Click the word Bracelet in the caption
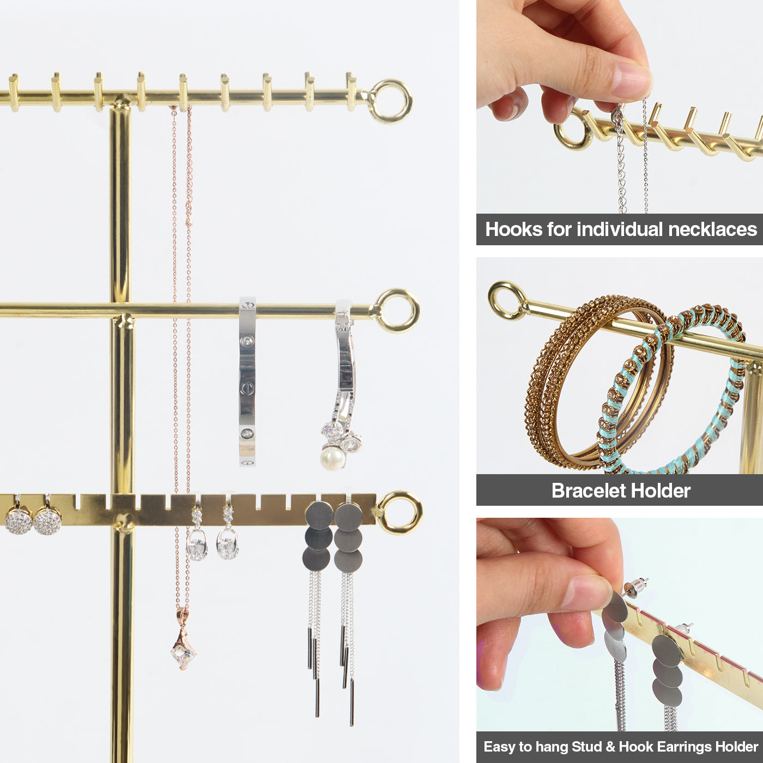tap(588, 490)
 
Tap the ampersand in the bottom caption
tap(610, 746)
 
